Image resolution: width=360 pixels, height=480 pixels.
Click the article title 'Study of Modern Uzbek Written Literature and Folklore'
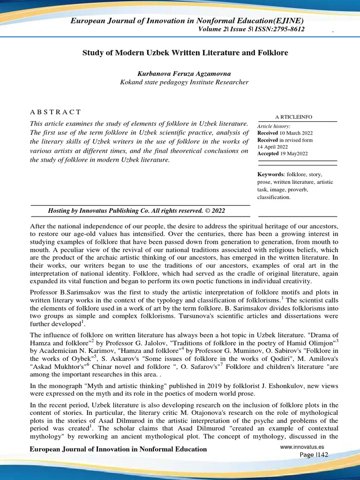point(185,53)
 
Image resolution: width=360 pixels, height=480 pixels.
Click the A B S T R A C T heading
point(55,112)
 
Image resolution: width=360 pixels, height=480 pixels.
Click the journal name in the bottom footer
point(118,449)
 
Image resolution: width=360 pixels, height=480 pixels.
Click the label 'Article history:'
point(274,127)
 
